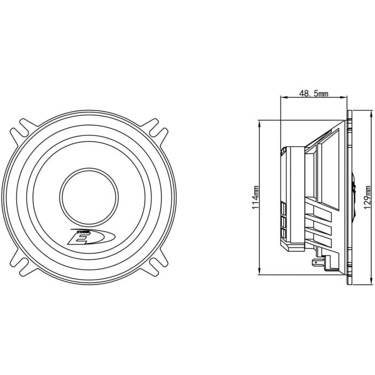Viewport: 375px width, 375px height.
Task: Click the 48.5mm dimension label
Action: pyautogui.click(x=313, y=93)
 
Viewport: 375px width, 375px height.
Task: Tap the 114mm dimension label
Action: pyautogui.click(x=256, y=197)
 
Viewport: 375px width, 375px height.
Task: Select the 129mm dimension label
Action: pyautogui.click(x=367, y=197)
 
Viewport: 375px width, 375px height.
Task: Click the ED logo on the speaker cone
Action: pyautogui.click(x=92, y=237)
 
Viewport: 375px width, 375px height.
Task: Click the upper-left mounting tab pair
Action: pyautogui.click(x=23, y=131)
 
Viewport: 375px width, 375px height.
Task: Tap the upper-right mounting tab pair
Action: pyautogui.click(x=154, y=131)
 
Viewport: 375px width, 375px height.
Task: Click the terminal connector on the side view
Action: pyautogui.click(x=318, y=262)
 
